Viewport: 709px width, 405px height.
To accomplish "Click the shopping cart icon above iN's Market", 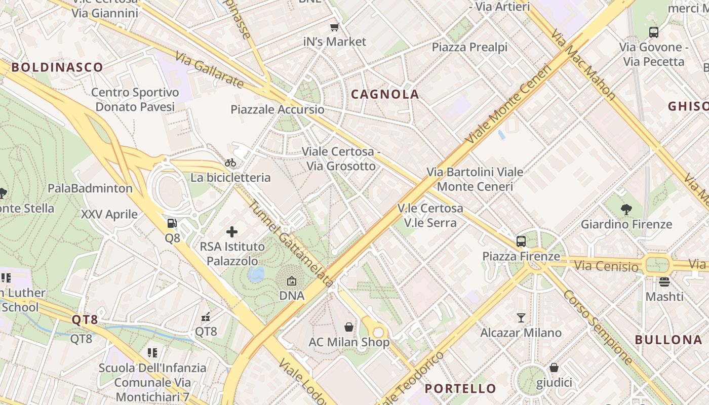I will [334, 27].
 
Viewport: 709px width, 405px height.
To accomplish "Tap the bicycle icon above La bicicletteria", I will [230, 163].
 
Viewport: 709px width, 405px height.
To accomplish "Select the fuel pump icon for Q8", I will [172, 223].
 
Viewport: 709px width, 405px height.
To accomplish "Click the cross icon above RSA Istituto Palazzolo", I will [232, 232].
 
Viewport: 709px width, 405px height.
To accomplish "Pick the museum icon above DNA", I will [292, 280].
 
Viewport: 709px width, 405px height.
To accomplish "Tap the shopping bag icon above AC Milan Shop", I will [349, 327].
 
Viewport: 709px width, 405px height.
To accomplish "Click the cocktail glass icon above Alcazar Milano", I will [521, 318].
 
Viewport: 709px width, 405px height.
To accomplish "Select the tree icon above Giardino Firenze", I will [626, 209].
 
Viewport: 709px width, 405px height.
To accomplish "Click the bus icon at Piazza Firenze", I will [521, 241].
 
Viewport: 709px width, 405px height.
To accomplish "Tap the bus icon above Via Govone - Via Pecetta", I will [654, 32].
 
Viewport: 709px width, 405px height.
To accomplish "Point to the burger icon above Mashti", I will [664, 281].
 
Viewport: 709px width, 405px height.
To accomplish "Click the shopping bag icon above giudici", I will [554, 368].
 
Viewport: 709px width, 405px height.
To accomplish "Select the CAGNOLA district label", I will [385, 94].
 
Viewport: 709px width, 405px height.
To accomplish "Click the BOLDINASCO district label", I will [57, 67].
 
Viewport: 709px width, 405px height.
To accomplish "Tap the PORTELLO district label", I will [460, 389].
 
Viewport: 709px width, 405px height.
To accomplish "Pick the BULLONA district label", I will [668, 340].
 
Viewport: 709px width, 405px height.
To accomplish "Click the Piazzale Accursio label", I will [277, 110].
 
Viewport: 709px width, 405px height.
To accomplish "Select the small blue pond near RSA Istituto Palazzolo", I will [256, 274].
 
